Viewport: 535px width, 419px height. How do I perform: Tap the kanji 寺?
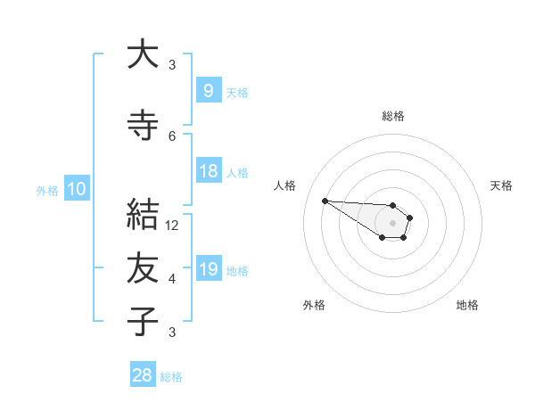pos(143,126)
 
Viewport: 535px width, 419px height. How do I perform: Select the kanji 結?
pos(143,215)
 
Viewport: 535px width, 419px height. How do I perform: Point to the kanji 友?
pos(143,268)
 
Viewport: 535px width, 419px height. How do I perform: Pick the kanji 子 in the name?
pos(143,320)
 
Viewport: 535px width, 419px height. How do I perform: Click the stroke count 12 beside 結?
pos(173,226)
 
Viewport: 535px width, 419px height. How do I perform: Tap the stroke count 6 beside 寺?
pos(173,136)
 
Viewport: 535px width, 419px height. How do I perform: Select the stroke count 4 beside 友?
pos(173,279)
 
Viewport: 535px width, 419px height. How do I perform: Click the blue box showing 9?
pos(208,91)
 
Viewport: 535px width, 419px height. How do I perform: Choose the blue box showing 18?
pos(208,171)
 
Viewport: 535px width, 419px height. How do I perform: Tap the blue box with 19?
pos(208,269)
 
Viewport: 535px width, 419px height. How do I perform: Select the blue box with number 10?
pos(76,189)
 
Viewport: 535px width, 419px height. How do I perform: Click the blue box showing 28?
pos(142,375)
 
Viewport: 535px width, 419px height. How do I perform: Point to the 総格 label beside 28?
pos(171,377)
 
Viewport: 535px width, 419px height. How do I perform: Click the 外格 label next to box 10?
pos(47,190)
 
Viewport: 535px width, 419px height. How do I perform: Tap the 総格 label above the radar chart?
pos(393,116)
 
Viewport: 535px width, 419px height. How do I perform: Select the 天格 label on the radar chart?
pos(501,185)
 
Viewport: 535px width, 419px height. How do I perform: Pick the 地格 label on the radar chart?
pos(467,305)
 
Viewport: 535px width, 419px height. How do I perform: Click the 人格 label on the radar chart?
pos(285,185)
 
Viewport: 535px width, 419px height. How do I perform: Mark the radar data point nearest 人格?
pos(325,201)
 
